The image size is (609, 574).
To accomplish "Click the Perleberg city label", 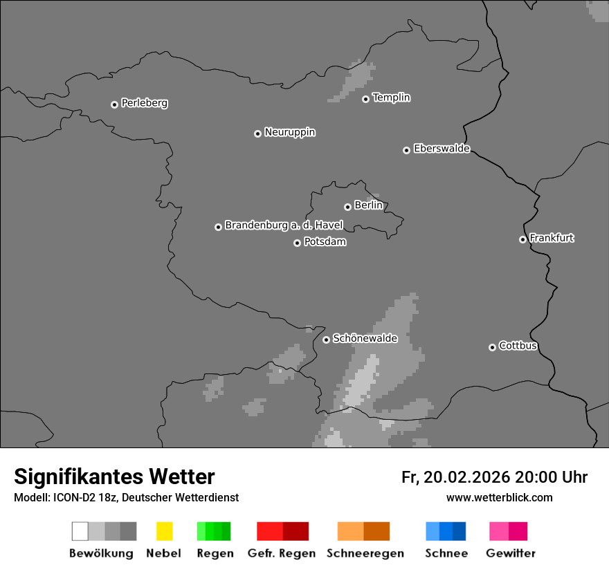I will click(x=144, y=103).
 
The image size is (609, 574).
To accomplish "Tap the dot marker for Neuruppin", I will click(x=257, y=133).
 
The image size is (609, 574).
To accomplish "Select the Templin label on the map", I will click(x=391, y=98).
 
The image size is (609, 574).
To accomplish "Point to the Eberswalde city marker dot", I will click(x=406, y=150).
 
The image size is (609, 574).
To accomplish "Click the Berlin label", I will click(x=368, y=205).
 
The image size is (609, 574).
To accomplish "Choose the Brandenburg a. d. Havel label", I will click(x=284, y=225).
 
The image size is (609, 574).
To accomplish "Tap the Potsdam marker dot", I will click(x=297, y=243).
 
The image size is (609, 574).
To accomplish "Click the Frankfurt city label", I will click(x=552, y=238).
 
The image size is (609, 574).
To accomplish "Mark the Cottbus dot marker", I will click(x=492, y=347).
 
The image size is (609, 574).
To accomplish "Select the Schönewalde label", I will click(x=365, y=338).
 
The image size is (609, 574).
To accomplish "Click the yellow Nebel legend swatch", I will click(x=164, y=531).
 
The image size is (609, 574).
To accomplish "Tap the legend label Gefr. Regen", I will click(x=282, y=553).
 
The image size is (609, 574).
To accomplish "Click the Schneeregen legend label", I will click(x=365, y=553).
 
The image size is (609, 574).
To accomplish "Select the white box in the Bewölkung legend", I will click(x=80, y=531).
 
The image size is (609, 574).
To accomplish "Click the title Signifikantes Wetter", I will click(x=114, y=476).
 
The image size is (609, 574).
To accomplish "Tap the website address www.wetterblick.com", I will click(x=500, y=497).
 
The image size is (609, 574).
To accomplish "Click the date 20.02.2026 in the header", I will click(x=467, y=477).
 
